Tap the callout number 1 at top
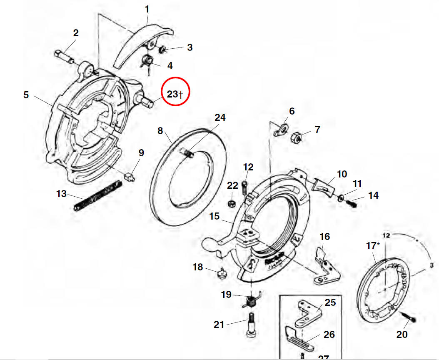pos(147,9)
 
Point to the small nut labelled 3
pos(162,50)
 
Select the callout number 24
pos(220,117)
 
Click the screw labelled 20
pos(409,319)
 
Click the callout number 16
pos(324,237)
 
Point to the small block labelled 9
pos(130,176)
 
